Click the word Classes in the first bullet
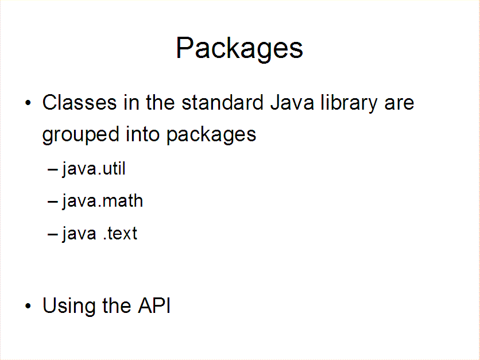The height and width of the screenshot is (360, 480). click(80, 102)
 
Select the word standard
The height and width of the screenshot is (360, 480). click(223, 102)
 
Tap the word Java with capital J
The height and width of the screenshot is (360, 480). click(292, 102)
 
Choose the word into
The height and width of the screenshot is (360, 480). click(142, 134)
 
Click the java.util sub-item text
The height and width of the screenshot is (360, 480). click(94, 169)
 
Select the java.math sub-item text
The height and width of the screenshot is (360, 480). click(103, 202)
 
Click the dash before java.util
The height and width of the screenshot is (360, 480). click(53, 169)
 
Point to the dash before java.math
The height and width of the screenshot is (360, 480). click(53, 202)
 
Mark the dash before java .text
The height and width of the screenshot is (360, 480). click(53, 234)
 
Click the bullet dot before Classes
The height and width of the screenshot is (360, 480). click(28, 103)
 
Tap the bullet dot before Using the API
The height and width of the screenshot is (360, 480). click(28, 306)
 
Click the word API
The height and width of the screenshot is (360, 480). click(154, 305)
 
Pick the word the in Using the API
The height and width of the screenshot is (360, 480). click(117, 305)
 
